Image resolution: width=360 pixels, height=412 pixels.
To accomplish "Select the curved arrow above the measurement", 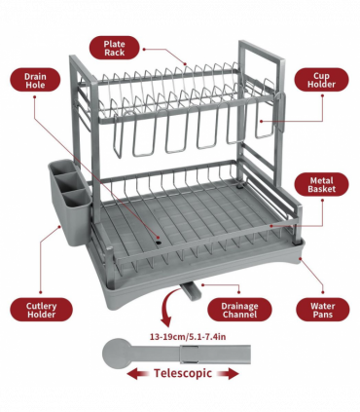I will [x=166, y=313].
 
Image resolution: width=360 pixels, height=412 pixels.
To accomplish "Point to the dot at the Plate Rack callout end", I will [x=186, y=66].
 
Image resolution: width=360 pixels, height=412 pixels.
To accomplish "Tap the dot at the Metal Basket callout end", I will [x=272, y=227].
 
